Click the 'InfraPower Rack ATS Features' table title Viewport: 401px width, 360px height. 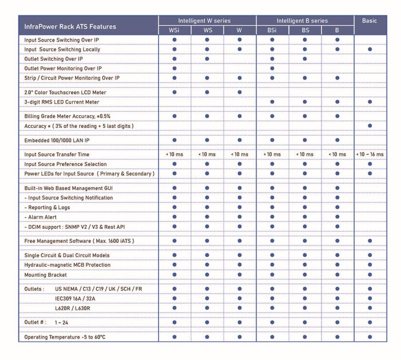click(x=70, y=26)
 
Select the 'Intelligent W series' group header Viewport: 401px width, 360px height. click(x=207, y=21)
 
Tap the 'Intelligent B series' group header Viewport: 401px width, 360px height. click(x=305, y=21)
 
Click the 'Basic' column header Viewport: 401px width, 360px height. click(x=370, y=21)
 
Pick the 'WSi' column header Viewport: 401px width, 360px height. click(x=174, y=30)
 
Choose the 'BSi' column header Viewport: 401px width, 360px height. click(x=272, y=30)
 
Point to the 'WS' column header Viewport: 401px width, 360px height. click(x=207, y=30)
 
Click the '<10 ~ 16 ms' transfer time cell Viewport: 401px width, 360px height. click(x=370, y=155)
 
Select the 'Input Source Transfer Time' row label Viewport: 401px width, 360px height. click(x=57, y=155)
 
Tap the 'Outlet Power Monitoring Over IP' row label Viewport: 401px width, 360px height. click(x=63, y=68)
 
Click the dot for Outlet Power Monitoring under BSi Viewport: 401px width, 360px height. click(x=272, y=68)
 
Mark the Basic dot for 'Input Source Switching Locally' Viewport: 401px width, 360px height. click(x=370, y=50)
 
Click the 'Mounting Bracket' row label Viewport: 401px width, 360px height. click(x=46, y=275)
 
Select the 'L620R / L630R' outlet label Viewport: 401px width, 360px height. click(x=73, y=308)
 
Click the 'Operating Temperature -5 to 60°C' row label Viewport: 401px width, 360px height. click(x=65, y=337)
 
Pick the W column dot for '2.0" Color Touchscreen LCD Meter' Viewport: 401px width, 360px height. click(x=239, y=92)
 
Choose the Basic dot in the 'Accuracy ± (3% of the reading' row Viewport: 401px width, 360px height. click(x=370, y=126)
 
